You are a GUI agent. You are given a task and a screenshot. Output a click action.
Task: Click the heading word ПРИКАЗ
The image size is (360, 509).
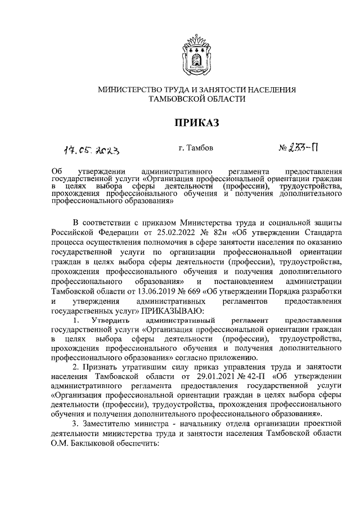tap(196, 123)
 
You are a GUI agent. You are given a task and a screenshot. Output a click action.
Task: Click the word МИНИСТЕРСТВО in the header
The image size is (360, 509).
tap(130, 89)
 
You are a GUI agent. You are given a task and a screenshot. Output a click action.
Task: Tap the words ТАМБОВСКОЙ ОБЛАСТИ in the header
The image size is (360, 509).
tap(196, 99)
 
